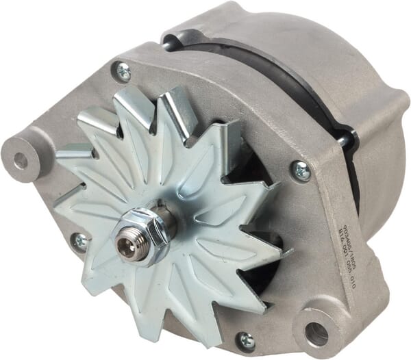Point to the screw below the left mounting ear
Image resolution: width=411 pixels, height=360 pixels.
tap(80, 240)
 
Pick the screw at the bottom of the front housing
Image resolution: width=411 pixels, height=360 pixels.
tap(244, 340)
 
